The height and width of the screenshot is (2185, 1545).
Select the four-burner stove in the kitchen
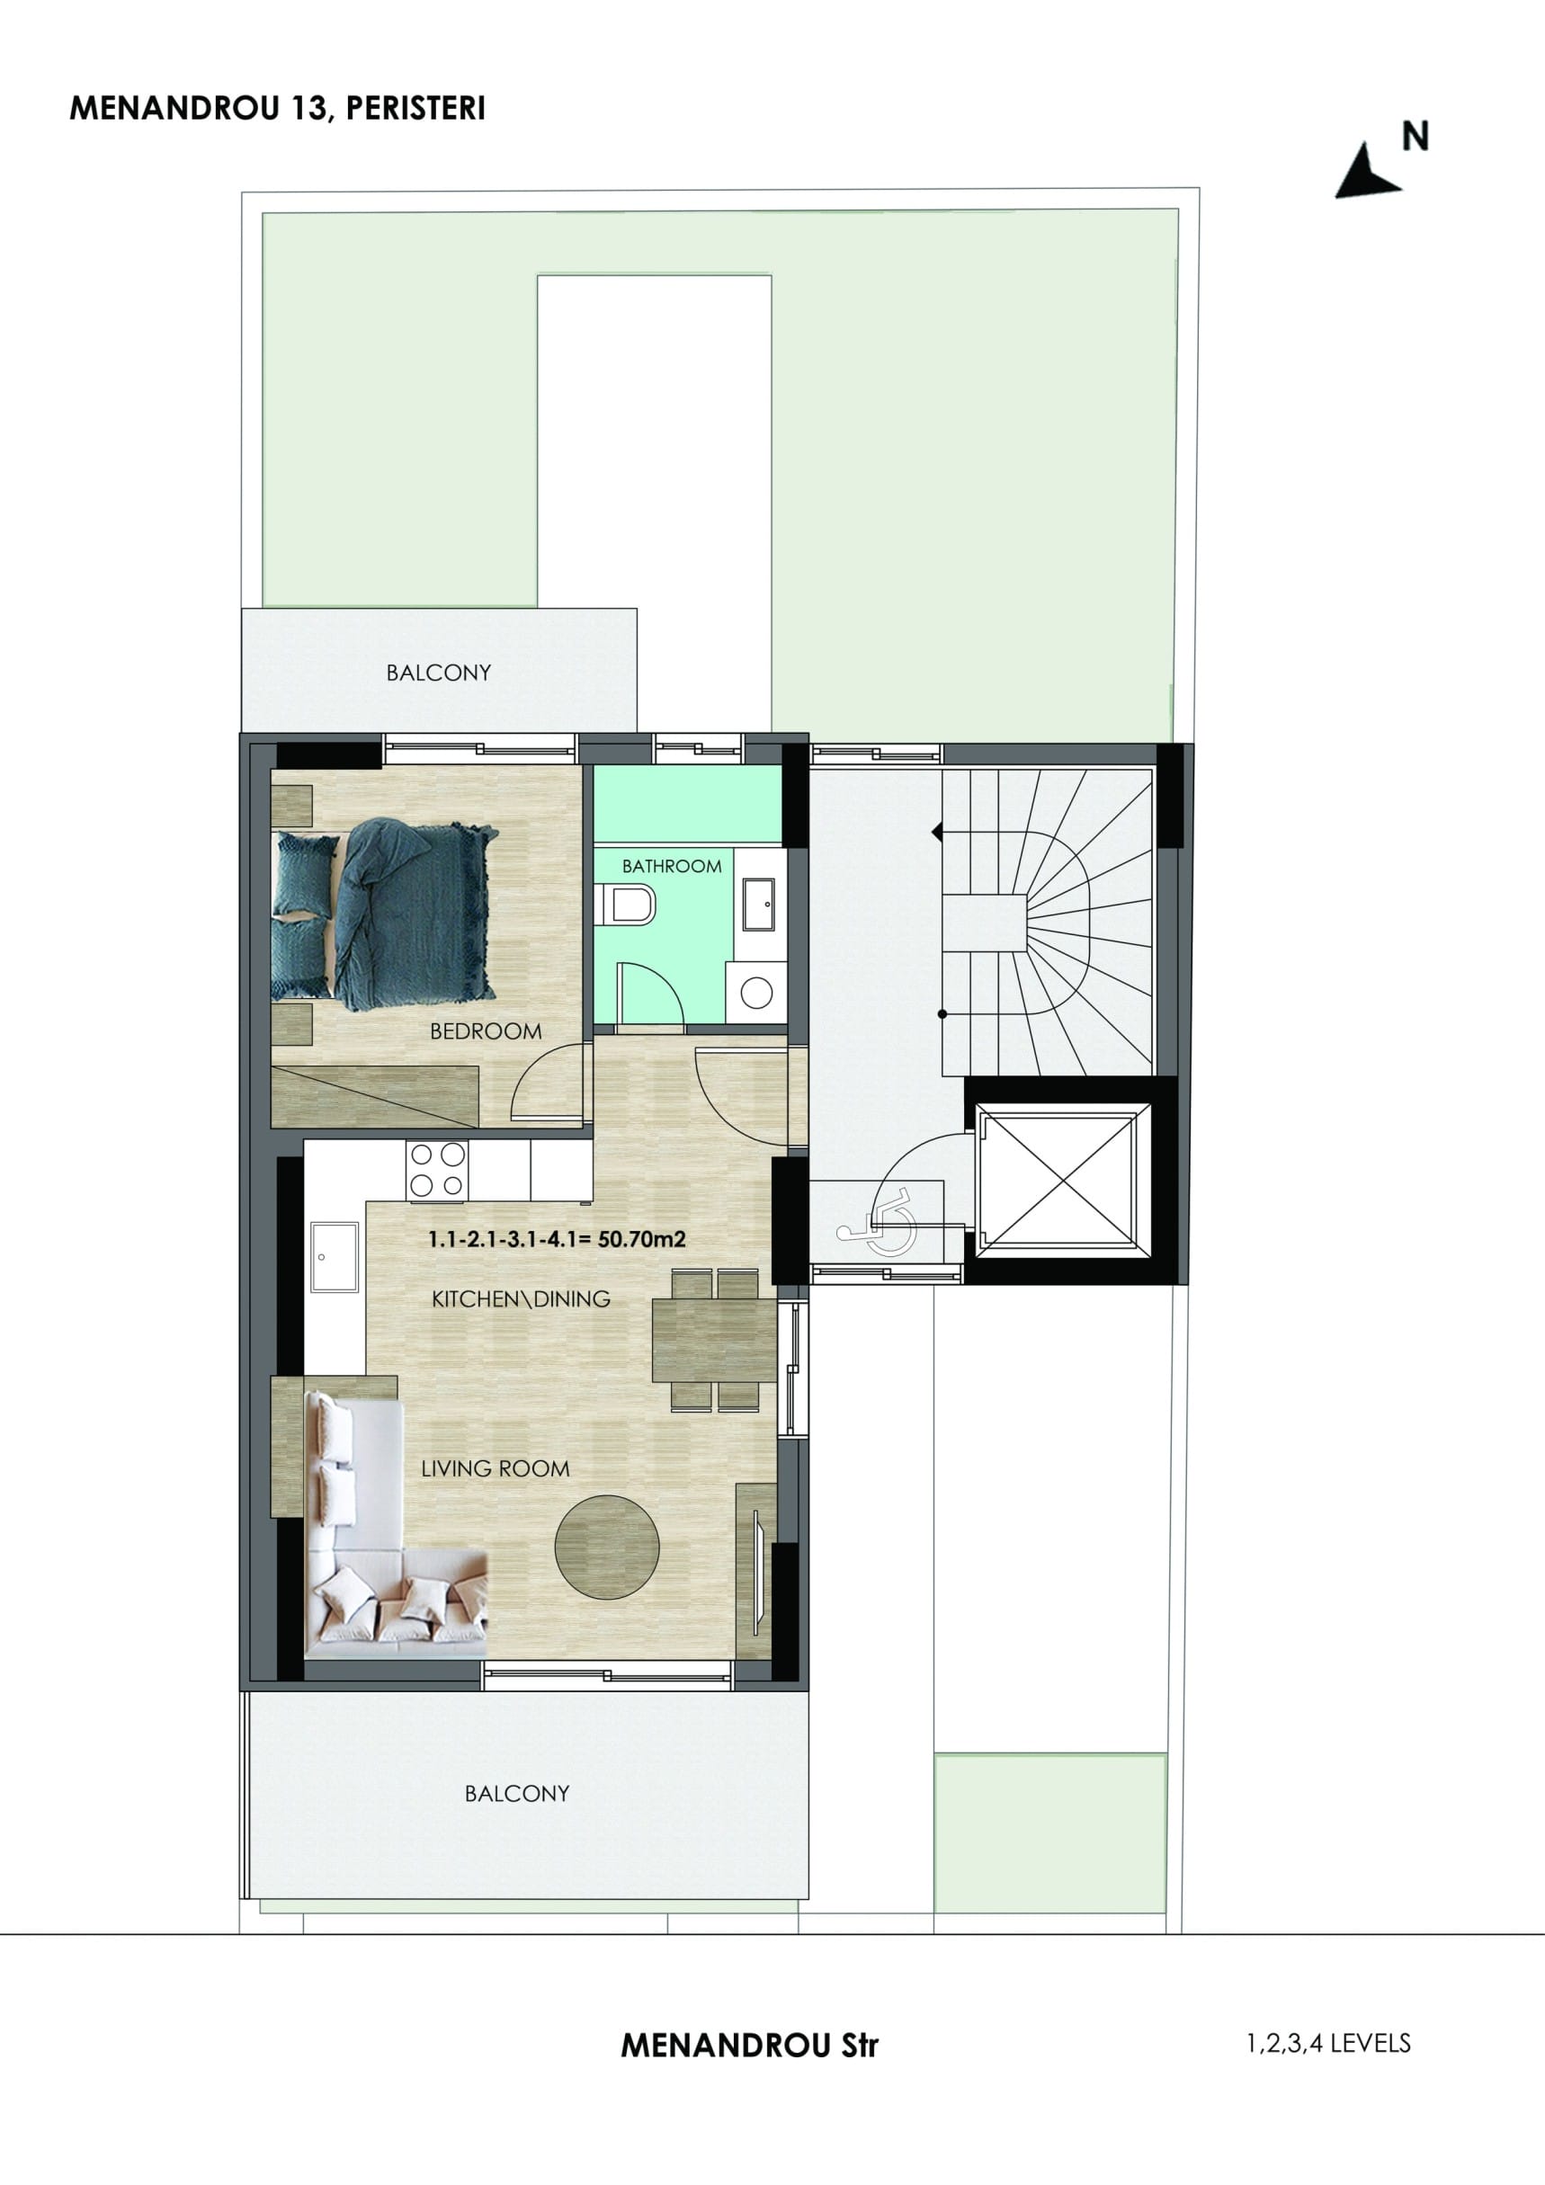coord(437,1171)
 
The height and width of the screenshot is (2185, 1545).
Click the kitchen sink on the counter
coord(335,1257)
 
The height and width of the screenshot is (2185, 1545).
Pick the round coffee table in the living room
coord(606,1547)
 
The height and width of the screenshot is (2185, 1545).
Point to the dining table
coord(714,1340)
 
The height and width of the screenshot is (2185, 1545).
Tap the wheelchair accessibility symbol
coord(876,1223)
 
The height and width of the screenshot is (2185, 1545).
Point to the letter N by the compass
coord(1416,137)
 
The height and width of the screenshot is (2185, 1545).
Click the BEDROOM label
coord(486,1031)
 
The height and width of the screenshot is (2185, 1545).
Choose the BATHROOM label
coord(671,866)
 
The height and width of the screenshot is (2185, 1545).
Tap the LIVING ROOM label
coord(495,1468)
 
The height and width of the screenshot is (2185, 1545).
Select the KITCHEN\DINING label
coord(521,1299)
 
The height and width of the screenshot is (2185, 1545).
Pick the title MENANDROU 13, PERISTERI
coord(277,109)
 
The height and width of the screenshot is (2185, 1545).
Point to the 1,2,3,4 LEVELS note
coord(1329,2042)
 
